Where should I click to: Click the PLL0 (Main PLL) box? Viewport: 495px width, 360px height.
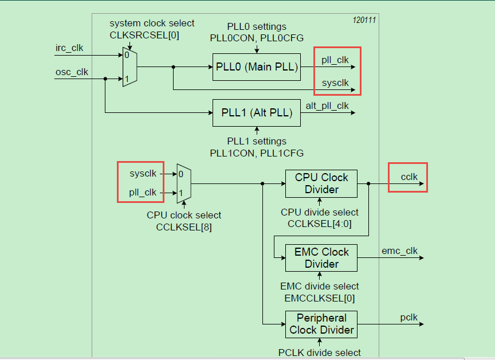coord(257,66)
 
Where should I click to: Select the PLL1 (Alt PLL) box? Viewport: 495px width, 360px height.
coord(257,112)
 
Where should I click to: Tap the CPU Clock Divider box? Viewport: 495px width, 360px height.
coord(321,183)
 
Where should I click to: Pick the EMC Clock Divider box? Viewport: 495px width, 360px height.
coord(321,258)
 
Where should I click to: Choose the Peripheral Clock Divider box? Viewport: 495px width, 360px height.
coord(321,324)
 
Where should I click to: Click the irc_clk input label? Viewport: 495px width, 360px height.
coord(69,48)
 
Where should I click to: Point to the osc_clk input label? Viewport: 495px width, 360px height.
coord(72,72)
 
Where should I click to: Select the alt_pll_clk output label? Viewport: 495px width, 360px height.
coord(327,105)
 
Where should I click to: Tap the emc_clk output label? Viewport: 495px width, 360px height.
coord(400,251)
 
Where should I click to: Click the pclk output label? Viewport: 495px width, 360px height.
coord(409,317)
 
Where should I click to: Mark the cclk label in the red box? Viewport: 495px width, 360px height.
coord(409,177)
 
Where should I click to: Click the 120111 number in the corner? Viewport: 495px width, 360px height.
coord(364,20)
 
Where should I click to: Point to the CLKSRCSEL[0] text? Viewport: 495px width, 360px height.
coord(144,35)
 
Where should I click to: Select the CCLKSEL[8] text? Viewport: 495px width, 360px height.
coord(183,227)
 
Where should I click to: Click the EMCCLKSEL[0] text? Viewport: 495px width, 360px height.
coord(319,298)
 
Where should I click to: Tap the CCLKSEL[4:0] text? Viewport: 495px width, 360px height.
coord(319,224)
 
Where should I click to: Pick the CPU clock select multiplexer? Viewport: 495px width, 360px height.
coord(183,183)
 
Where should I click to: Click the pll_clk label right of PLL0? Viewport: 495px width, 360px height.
coord(335,60)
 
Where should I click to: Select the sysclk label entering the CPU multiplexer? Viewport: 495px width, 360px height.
coord(143,173)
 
